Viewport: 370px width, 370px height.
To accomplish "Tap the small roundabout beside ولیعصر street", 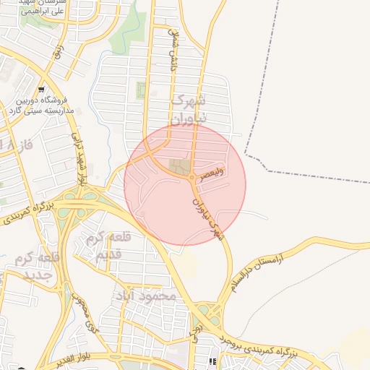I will tap(192, 178).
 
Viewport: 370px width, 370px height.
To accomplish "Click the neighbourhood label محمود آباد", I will tap(145, 296).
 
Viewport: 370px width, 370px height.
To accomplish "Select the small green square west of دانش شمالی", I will tap(141, 91).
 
